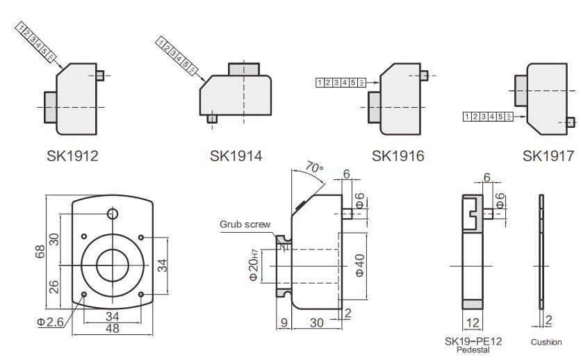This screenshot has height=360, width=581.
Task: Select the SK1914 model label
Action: coord(236,156)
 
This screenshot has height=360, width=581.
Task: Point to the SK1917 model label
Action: coord(548,156)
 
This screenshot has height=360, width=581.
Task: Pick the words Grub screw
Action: coord(245,224)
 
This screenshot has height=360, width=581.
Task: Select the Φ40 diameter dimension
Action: coord(359,265)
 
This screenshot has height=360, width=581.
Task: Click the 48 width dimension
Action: coord(112,329)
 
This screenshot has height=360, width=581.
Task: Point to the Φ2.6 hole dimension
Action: coord(51,322)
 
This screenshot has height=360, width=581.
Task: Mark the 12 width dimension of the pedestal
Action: coord(473,323)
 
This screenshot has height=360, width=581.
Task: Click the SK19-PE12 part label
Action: coord(473,341)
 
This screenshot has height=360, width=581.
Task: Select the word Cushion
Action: coord(546,342)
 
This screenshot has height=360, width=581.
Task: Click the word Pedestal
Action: coord(473,350)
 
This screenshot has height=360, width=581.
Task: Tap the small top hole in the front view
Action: coord(113,212)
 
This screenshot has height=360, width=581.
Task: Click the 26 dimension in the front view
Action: coord(54,285)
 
